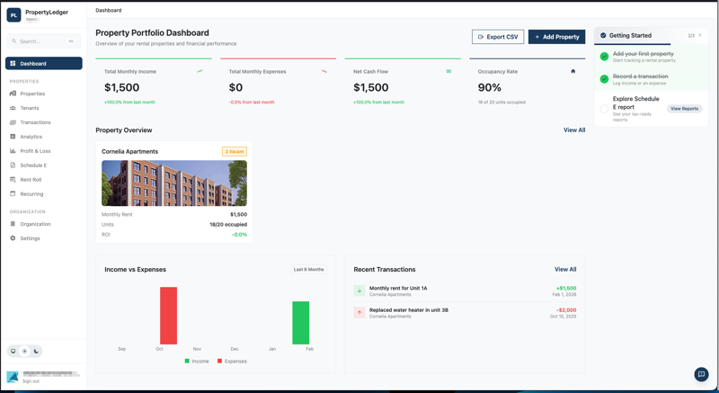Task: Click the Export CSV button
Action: (x=498, y=37)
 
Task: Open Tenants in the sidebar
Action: (x=30, y=108)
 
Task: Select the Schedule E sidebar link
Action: (x=33, y=165)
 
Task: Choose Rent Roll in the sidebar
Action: (x=31, y=180)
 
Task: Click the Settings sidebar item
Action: (x=30, y=238)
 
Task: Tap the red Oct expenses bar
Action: (x=168, y=316)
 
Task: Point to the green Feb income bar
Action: (x=300, y=323)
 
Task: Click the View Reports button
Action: (x=684, y=109)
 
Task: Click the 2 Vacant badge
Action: (x=235, y=152)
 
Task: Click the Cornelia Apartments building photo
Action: (x=174, y=183)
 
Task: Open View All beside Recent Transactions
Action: (x=565, y=270)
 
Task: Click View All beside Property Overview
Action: (x=574, y=130)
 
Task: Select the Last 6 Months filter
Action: (x=308, y=270)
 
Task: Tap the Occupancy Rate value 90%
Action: (x=490, y=87)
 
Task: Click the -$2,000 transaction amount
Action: (x=565, y=310)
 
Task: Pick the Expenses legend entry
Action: (x=232, y=362)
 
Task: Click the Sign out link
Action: (x=31, y=381)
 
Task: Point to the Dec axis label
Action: (x=235, y=349)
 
